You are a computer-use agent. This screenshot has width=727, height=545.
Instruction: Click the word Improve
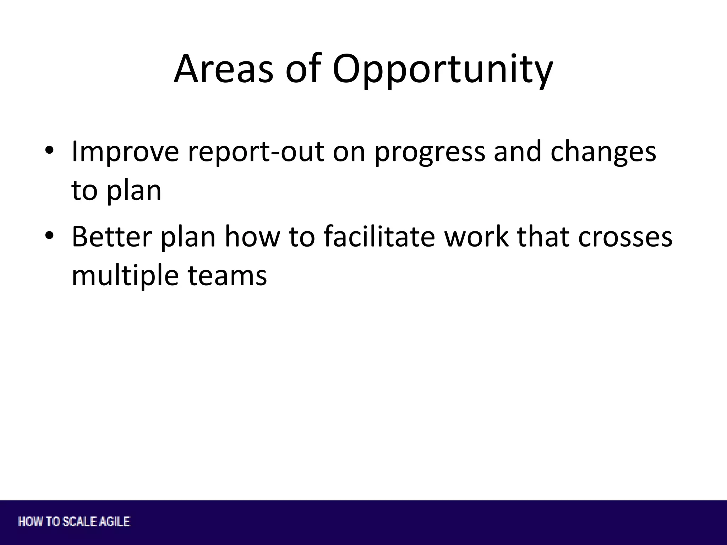pos(125,152)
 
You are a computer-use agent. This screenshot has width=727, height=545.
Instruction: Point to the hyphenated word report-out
pos(256,152)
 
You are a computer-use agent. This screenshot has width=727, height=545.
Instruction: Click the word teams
pos(227,276)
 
